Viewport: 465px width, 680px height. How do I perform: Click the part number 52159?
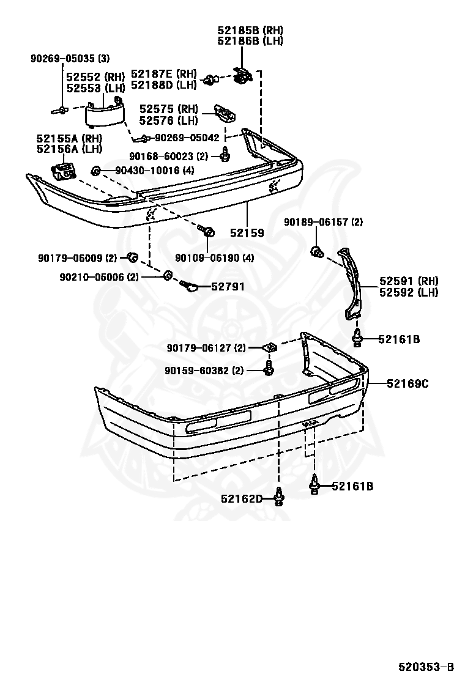[x=247, y=233]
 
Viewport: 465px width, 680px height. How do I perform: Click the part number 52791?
[x=228, y=286]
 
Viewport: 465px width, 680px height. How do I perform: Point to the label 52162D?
[x=242, y=499]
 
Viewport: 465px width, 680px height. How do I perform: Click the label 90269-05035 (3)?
[x=70, y=59]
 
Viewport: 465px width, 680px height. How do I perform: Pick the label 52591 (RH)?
[x=409, y=281]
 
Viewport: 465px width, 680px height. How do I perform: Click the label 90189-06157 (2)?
[x=323, y=222]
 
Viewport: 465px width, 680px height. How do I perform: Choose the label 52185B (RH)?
[x=250, y=30]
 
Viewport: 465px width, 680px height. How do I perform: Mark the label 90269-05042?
[x=187, y=138]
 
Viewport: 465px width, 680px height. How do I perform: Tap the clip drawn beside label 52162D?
[x=279, y=496]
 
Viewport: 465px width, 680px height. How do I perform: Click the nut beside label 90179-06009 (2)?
[x=131, y=256]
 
